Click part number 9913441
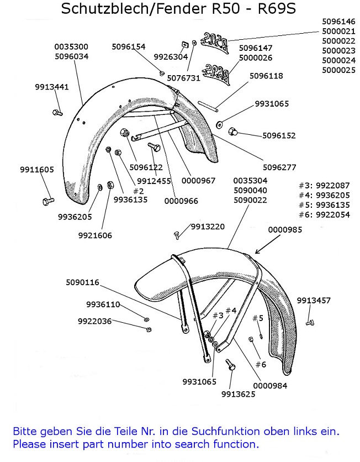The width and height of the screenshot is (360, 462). coord(52,87)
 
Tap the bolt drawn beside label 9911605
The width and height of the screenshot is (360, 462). coord(48,200)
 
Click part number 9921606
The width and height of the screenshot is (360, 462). coord(95,235)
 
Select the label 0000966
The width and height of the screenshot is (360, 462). coord(181,201)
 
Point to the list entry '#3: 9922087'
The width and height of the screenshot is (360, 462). coord(324,185)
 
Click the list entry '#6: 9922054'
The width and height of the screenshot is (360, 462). coord(324,215)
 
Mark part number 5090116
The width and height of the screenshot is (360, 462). coord(82,282)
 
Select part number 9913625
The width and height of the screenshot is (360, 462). coord(237,394)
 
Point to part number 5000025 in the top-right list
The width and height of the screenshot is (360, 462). coord(338,70)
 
